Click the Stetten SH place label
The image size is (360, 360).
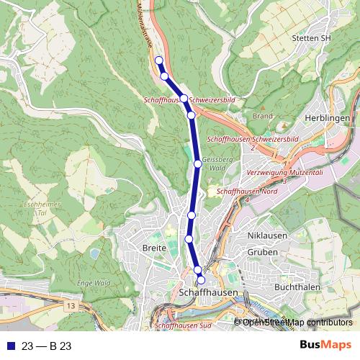point(312,38)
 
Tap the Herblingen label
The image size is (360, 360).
point(328,117)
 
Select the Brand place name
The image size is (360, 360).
point(263,115)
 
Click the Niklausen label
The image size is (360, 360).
point(266,236)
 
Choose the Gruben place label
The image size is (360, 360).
point(262,253)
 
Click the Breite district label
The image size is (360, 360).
point(155,248)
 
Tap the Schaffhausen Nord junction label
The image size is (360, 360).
point(247,192)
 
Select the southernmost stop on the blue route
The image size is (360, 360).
point(201,280)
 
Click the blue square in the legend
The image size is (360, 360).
point(8,346)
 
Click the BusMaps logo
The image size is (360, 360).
point(325,346)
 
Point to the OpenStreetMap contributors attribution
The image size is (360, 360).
point(297,322)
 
